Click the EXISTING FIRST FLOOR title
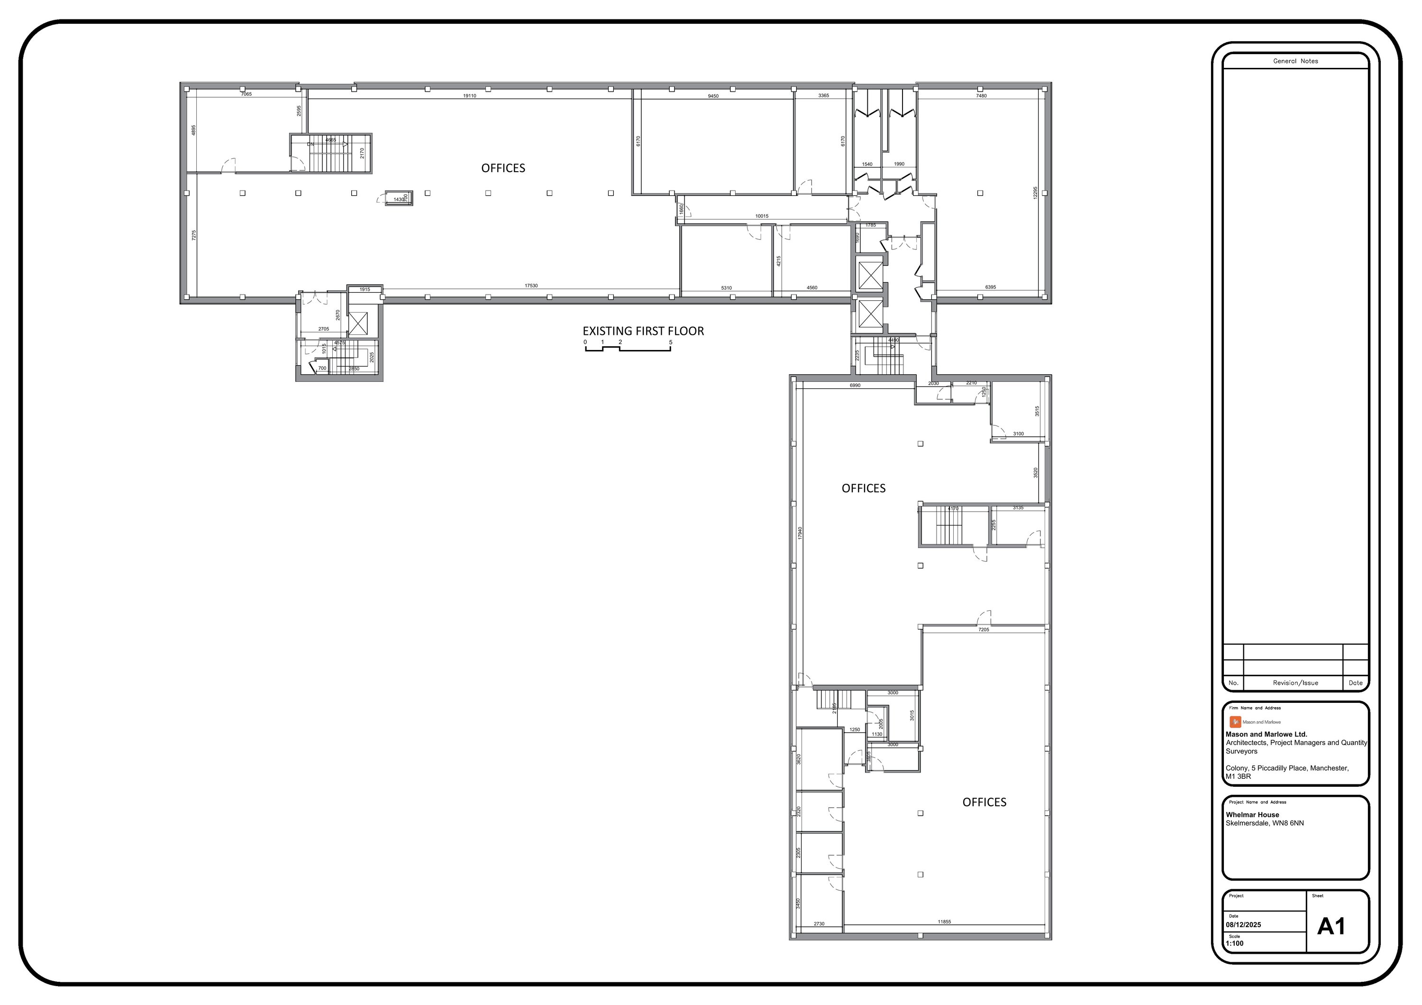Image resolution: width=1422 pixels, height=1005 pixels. tap(643, 332)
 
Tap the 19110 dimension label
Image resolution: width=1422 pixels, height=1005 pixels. tap(469, 96)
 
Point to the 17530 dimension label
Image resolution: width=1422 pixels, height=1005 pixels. tap(531, 286)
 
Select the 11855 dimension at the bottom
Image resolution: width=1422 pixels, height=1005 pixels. tap(944, 922)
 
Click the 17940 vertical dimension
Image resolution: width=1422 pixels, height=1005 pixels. tap(800, 533)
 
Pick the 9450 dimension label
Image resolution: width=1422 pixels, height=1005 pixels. tap(713, 96)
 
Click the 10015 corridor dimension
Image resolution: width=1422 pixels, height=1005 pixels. tap(762, 216)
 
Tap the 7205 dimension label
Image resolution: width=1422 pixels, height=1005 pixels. tap(984, 629)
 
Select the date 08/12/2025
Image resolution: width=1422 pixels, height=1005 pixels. tap(1243, 925)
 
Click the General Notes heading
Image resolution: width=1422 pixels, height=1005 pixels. tap(1295, 61)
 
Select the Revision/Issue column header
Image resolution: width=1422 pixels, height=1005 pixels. tap(1295, 683)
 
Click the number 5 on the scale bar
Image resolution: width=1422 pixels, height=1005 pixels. tap(670, 342)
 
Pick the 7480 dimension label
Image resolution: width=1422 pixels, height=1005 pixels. tap(981, 96)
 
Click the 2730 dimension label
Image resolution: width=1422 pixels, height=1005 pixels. tap(819, 924)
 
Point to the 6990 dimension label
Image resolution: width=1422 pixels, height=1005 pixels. tap(855, 386)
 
